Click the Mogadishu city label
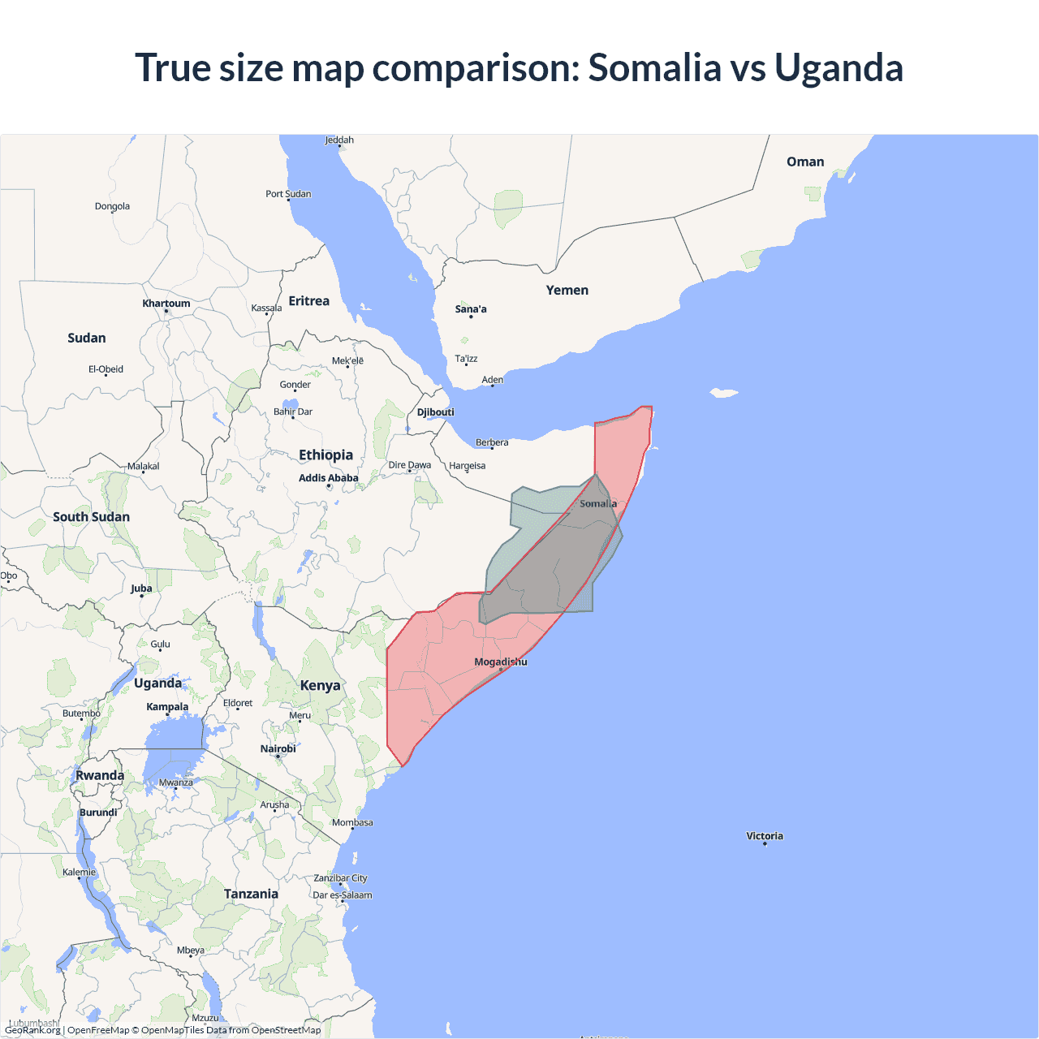(500, 662)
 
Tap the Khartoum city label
(166, 304)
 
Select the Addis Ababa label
(328, 478)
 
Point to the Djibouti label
(436, 412)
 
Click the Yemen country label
(567, 291)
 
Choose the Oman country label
(805, 162)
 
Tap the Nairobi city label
(278, 749)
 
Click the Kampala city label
(167, 707)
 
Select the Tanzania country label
(251, 894)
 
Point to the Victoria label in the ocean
(765, 836)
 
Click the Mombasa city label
(352, 823)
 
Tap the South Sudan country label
(91, 517)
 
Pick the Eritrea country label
(309, 301)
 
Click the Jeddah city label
(339, 140)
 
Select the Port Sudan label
(288, 194)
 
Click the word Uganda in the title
(839, 67)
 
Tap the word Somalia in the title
(654, 67)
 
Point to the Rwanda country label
(100, 776)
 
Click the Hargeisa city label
(468, 466)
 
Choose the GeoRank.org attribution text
(32, 1030)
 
